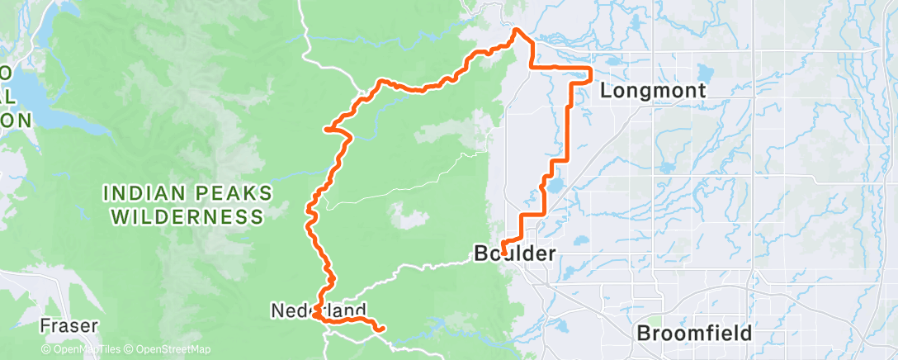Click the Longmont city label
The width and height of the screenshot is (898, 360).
click(652, 91)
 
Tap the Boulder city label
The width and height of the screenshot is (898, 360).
click(516, 254)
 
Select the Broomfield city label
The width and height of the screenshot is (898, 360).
click(694, 334)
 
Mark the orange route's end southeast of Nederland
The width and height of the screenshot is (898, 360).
click(382, 330)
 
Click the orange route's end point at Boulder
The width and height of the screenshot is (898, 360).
click(503, 252)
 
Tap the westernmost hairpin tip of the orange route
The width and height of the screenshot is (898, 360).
click(327, 129)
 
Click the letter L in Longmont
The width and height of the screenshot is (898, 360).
click(606, 91)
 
